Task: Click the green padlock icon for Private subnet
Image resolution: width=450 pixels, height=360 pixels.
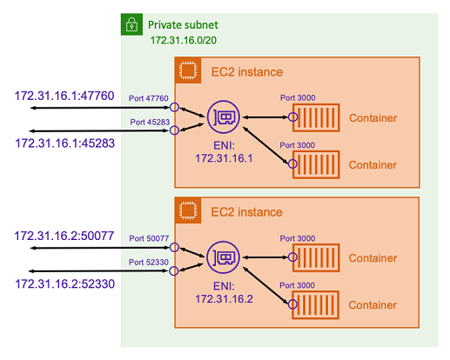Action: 131,26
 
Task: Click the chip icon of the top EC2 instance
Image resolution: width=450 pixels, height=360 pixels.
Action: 186,70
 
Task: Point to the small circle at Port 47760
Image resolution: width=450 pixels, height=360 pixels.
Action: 174,108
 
